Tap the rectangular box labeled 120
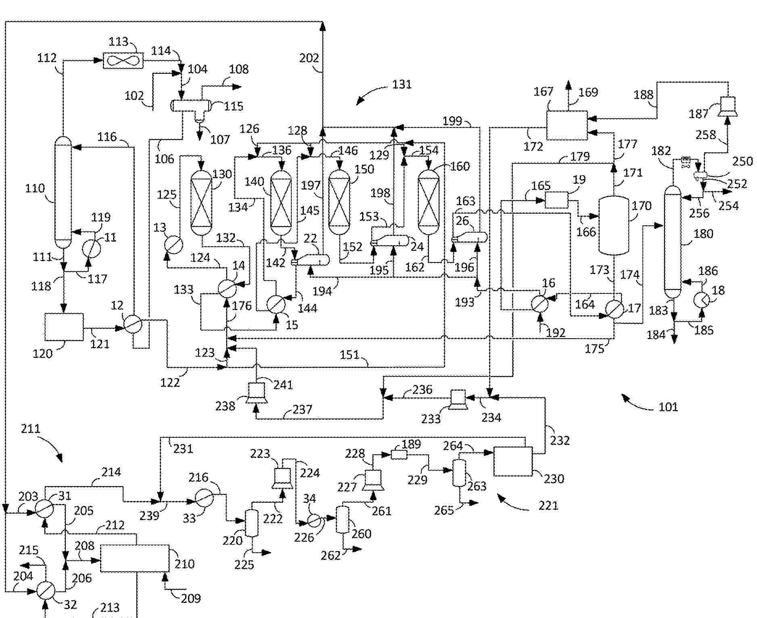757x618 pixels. point(64,327)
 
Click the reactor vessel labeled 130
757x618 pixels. point(201,202)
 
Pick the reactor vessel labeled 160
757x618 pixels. point(428,202)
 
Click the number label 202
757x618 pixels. point(309,58)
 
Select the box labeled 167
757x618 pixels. point(567,125)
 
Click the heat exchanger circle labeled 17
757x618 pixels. point(614,310)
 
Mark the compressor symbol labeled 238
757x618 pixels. point(256,393)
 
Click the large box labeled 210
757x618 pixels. point(135,558)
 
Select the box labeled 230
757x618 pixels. point(513,462)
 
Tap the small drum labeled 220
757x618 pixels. point(252,523)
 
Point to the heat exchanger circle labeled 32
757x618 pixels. point(46,591)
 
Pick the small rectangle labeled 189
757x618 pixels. point(399,455)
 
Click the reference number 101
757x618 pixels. point(668,407)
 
